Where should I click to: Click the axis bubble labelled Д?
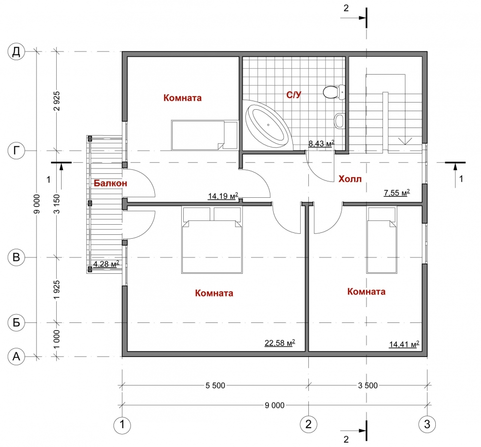16,51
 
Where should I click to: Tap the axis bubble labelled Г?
16,151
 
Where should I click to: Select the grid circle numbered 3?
427,424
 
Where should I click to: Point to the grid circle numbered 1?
122,424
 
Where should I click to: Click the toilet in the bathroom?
334,92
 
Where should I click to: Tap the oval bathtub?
267,125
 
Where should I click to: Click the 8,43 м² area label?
321,143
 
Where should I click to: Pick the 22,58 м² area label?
280,343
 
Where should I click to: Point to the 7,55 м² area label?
397,192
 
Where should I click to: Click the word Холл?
350,179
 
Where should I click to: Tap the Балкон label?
111,183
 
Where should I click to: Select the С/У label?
294,95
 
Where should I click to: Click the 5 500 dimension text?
215,385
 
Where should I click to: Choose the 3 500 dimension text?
368,385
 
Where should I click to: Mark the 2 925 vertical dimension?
57,101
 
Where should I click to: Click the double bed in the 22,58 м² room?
212,240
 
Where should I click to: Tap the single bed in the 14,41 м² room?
382,240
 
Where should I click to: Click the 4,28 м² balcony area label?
106,264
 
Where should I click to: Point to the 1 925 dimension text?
57,290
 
